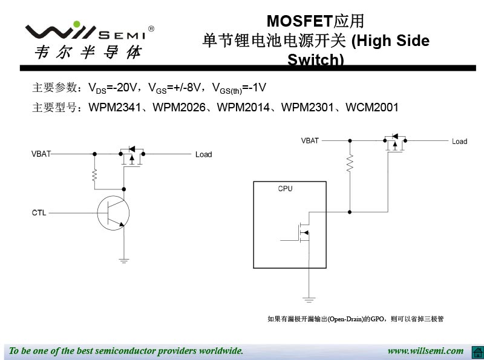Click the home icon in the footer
coord(476,352)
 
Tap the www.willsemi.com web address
coord(425,351)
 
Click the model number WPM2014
coord(244,108)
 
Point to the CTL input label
coord(39,212)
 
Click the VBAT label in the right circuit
coord(310,141)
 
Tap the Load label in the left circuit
coord(204,155)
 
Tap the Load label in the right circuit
coord(460,142)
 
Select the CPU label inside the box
coord(285,189)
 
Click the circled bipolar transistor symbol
coord(113,212)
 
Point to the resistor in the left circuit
coord(94,175)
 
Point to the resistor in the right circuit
coord(349,164)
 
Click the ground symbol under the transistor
coord(123,261)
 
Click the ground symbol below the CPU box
coord(309,299)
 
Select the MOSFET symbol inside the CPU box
coord(302,232)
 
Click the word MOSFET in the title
coord(299,21)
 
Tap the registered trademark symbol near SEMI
coord(151,28)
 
